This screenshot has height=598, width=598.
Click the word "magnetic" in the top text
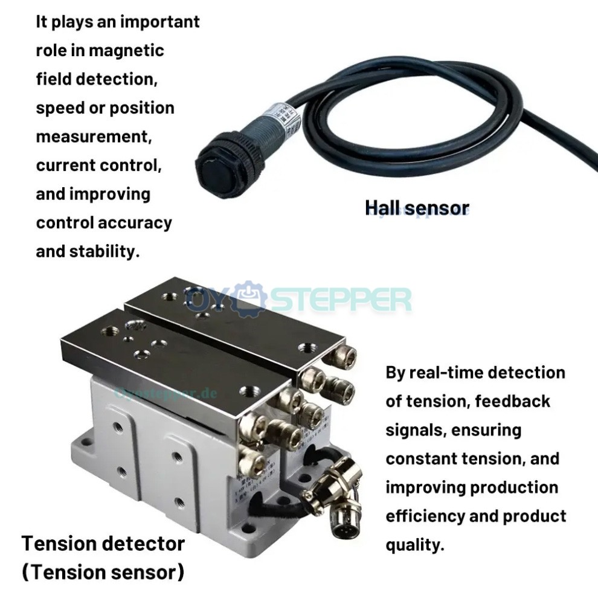point(126,51)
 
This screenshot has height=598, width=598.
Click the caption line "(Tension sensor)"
point(103,572)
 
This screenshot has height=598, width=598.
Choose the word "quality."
point(415,545)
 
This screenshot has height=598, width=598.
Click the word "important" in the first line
point(159,22)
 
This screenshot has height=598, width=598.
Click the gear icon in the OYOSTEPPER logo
point(249,299)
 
